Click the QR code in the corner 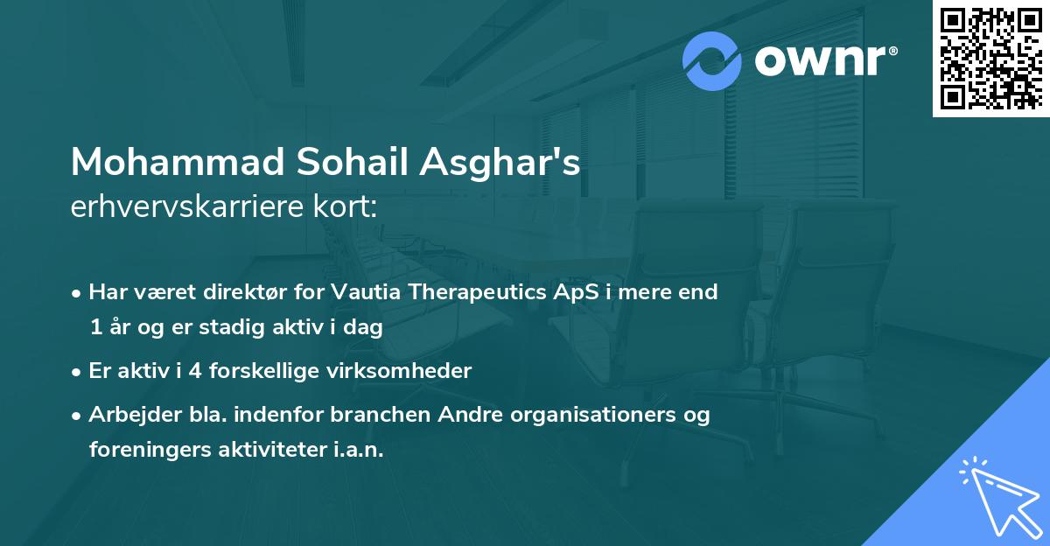tap(990, 58)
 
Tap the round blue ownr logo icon tap(713, 62)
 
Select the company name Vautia tap(365, 292)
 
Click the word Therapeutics tap(478, 292)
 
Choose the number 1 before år tap(94, 328)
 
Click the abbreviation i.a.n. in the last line tap(357, 450)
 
